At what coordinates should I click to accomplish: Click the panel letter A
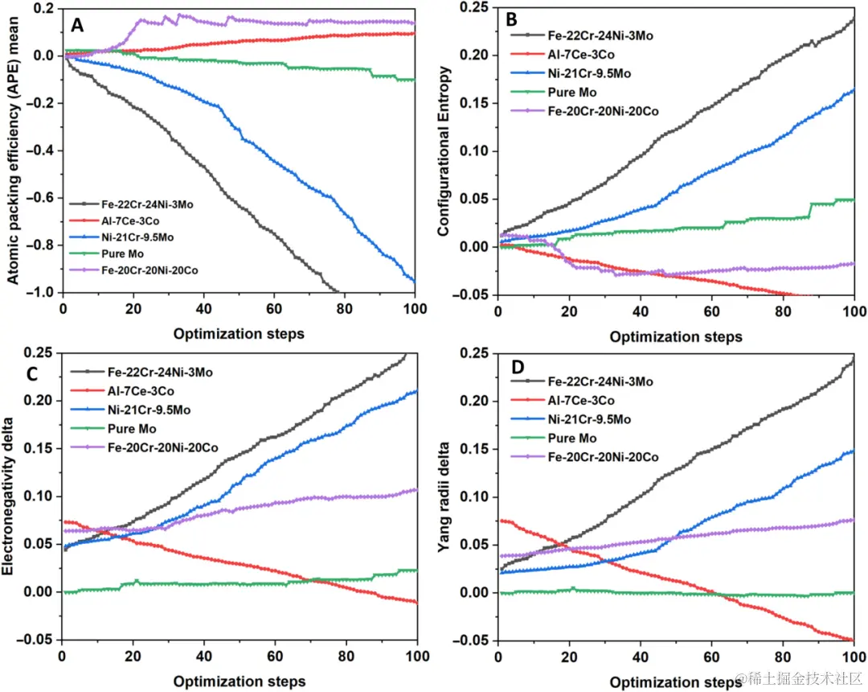tap(77, 26)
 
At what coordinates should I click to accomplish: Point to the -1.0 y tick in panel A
tap(40, 292)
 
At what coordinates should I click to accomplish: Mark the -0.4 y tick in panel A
tap(40, 150)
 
